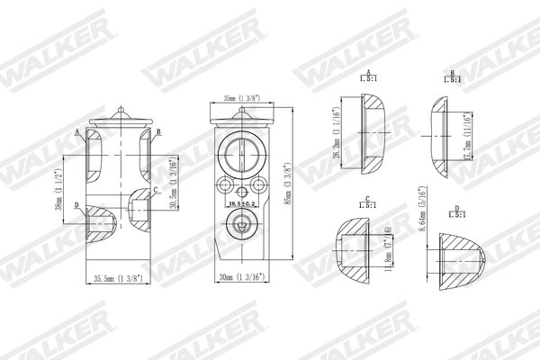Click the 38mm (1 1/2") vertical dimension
[58, 190]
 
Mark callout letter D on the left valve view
[76, 206]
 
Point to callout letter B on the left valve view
[158, 132]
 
